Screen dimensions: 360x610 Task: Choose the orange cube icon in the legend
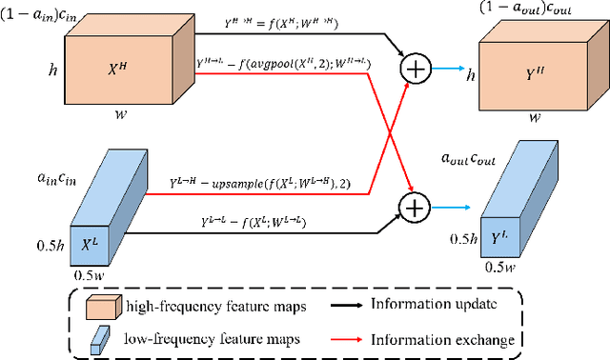click(x=99, y=306)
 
